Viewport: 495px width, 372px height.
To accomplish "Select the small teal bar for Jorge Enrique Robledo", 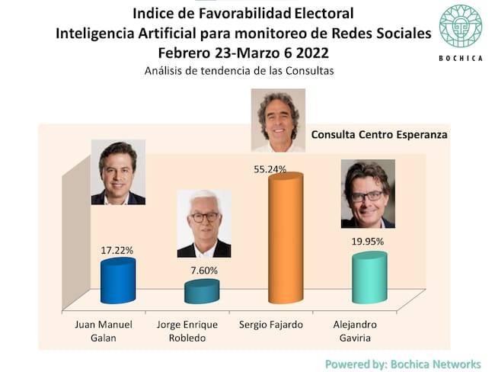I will (x=202, y=292).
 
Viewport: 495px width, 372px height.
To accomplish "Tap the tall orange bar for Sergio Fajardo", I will (x=285, y=236).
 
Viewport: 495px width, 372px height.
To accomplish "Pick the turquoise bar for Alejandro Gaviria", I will (x=369, y=277).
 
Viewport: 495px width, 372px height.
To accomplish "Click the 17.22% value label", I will (x=117, y=249).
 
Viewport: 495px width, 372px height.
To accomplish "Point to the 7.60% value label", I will (x=203, y=270).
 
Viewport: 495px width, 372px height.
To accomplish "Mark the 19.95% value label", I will (x=368, y=242).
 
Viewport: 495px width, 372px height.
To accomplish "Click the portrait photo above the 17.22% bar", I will (x=118, y=172).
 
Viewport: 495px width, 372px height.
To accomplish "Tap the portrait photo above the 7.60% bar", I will (x=203, y=223).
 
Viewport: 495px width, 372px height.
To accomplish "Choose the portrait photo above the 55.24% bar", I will (x=278, y=120).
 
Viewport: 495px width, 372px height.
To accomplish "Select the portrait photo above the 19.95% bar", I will (x=368, y=194).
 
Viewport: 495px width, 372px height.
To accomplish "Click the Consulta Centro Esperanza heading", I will (x=379, y=134).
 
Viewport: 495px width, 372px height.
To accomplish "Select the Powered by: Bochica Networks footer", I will (x=403, y=364).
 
